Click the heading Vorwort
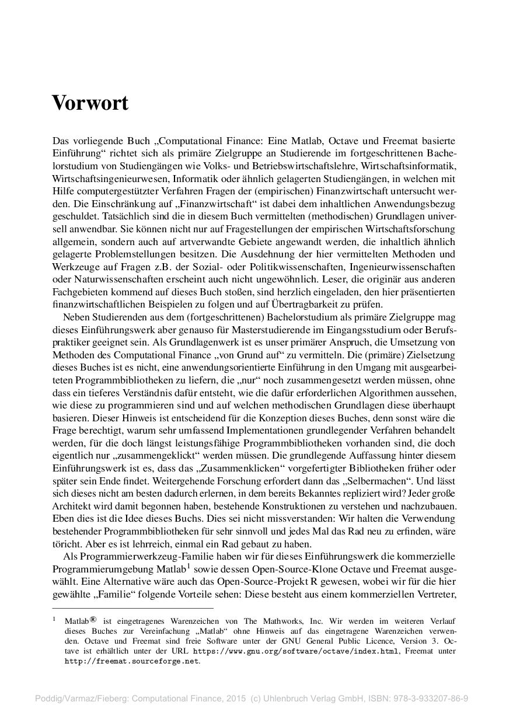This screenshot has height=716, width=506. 90,103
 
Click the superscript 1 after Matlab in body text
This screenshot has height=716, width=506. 189,565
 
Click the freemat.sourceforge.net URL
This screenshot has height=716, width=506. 131,661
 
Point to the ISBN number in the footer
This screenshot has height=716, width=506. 438,697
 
